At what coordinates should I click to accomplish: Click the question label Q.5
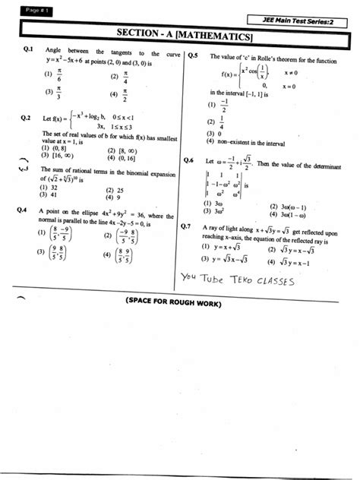[x=192, y=55]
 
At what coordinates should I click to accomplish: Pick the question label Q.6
[x=190, y=160]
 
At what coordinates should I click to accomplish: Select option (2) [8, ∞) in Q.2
[x=122, y=151]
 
